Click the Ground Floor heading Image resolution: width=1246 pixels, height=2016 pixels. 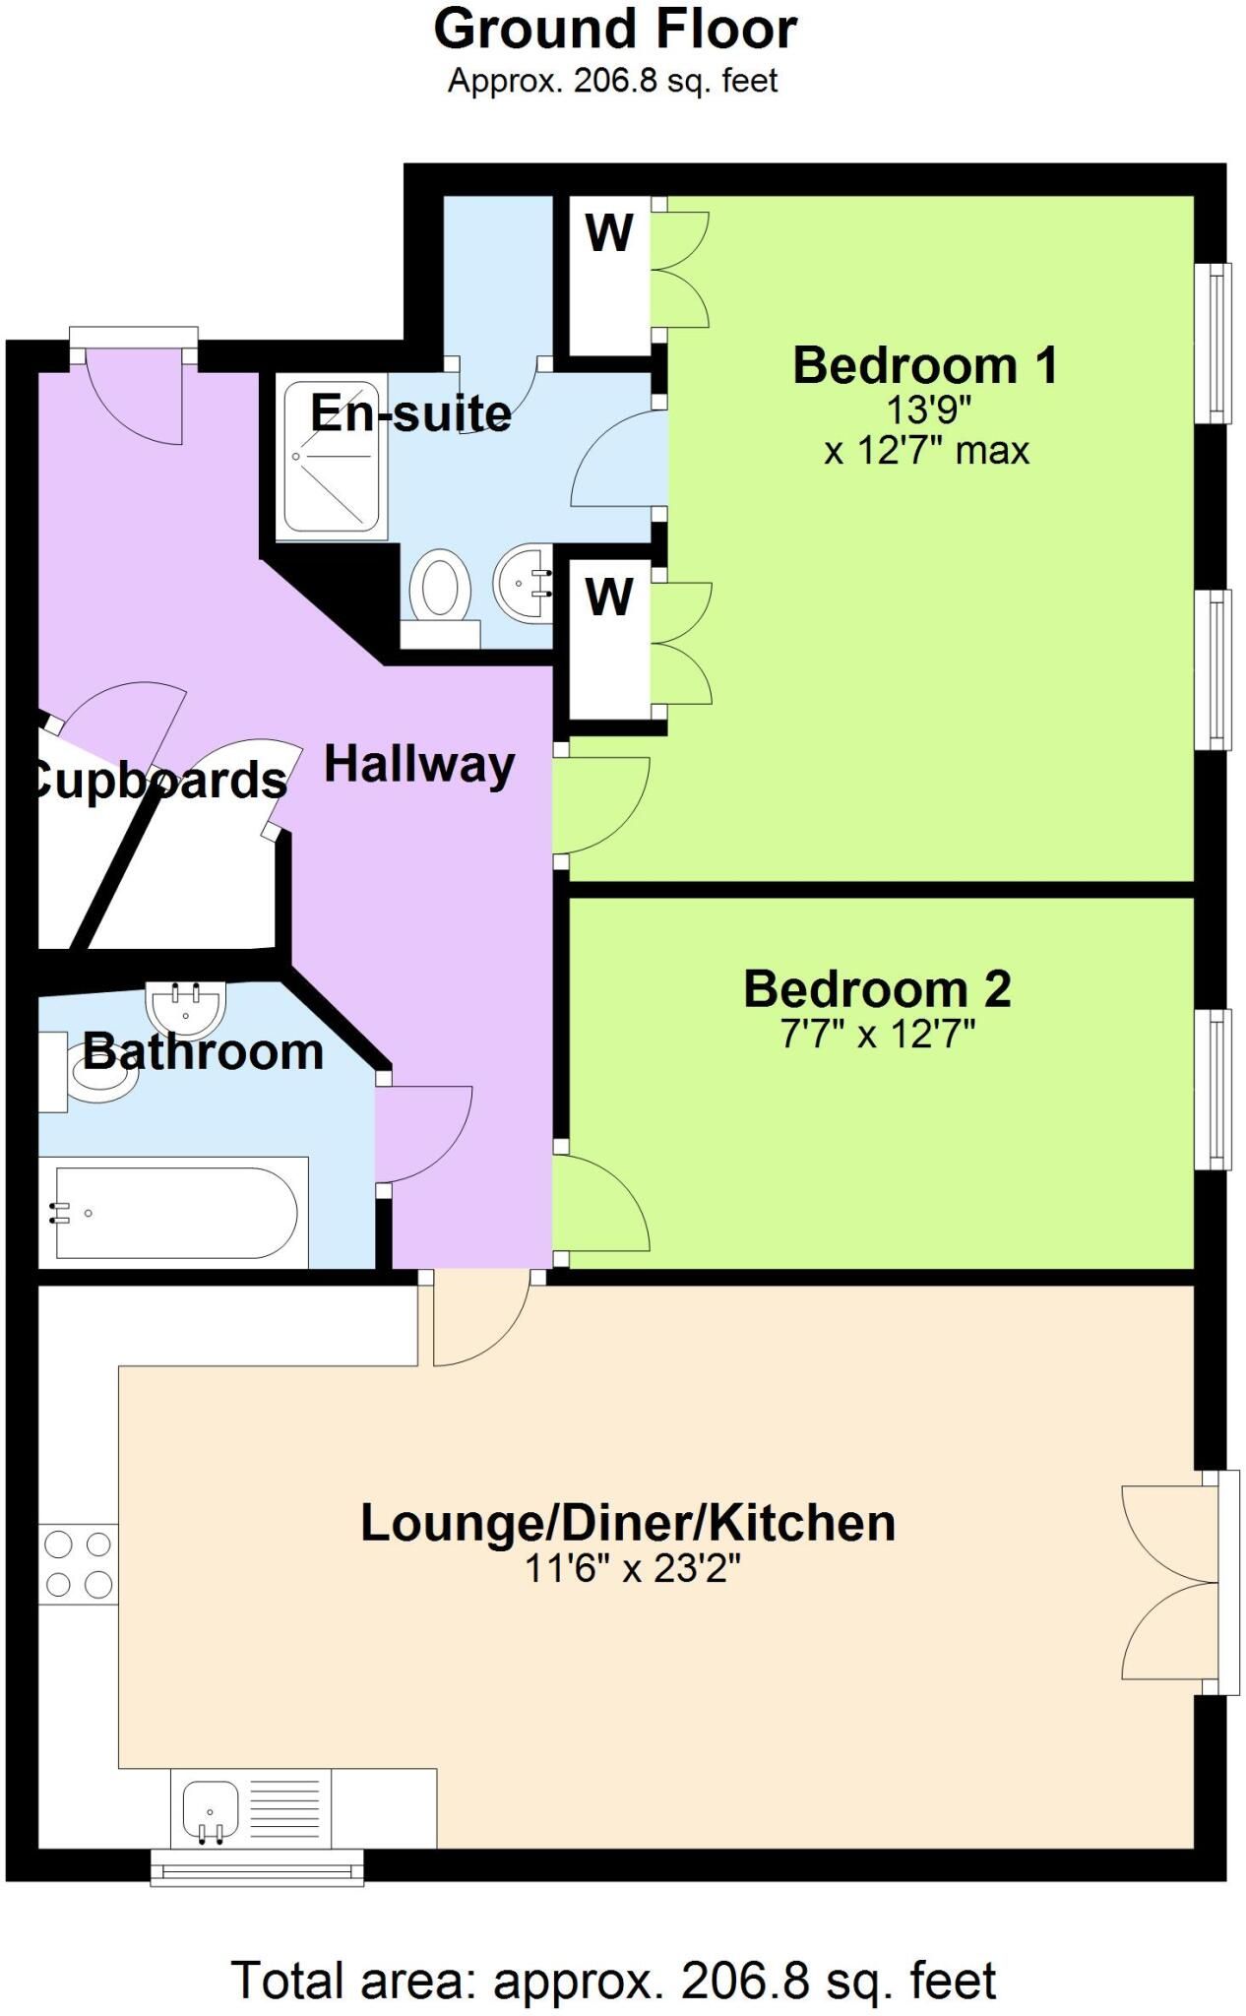(x=615, y=30)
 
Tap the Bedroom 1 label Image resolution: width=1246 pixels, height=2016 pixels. (x=925, y=365)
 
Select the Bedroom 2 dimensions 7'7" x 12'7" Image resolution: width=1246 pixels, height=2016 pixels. (x=878, y=1034)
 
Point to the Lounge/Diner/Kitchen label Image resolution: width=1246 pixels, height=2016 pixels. (x=628, y=1522)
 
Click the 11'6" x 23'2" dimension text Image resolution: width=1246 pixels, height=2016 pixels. (x=632, y=1566)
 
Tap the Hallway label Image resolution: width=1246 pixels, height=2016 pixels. (x=419, y=764)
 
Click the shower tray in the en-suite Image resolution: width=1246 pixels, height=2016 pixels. (x=331, y=457)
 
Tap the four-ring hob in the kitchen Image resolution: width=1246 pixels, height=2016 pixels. (x=78, y=1564)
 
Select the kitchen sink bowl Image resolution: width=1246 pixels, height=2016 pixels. (x=210, y=1809)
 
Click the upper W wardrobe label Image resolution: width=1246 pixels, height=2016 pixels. (x=609, y=233)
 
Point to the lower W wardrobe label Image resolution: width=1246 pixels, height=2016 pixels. (x=609, y=597)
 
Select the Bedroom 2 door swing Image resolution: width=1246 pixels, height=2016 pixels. (x=601, y=1203)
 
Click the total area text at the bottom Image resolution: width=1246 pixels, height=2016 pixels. (x=614, y=1981)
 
